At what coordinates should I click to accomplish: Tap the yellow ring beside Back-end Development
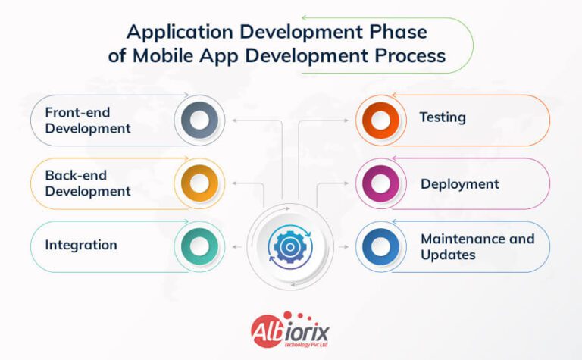pos(199,183)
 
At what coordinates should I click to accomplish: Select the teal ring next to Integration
pos(199,246)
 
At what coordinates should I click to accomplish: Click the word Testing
pos(443,117)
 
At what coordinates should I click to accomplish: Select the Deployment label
pos(460,183)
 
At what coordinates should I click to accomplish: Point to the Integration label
pos(81,245)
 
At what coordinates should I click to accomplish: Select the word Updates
pos(449,255)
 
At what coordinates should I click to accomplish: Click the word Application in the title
pos(171,33)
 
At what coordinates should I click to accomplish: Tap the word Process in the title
pos(414,56)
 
